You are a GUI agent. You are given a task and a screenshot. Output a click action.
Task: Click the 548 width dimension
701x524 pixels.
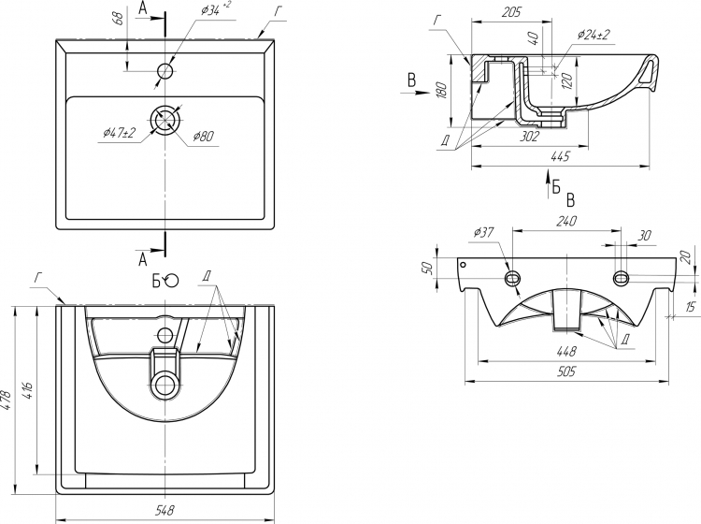pyautogui.click(x=165, y=511)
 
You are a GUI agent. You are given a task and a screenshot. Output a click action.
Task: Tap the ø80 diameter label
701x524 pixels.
pyautogui.click(x=204, y=137)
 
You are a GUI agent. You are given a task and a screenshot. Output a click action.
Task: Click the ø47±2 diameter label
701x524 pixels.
pyautogui.click(x=120, y=133)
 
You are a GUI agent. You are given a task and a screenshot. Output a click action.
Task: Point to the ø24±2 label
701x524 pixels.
pyautogui.click(x=594, y=35)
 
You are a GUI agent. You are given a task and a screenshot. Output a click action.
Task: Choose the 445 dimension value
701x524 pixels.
pyautogui.click(x=561, y=156)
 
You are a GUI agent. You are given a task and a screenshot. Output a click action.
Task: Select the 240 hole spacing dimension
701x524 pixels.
pyautogui.click(x=566, y=221)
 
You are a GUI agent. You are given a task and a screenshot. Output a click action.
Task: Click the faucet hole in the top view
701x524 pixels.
pyautogui.click(x=165, y=70)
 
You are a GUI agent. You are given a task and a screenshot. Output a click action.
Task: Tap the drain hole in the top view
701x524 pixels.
pyautogui.click(x=165, y=119)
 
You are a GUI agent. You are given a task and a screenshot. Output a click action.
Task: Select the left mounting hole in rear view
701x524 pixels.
pyautogui.click(x=512, y=279)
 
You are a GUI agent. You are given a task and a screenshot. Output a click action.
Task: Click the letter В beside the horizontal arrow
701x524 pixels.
pyautogui.click(x=411, y=81)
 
